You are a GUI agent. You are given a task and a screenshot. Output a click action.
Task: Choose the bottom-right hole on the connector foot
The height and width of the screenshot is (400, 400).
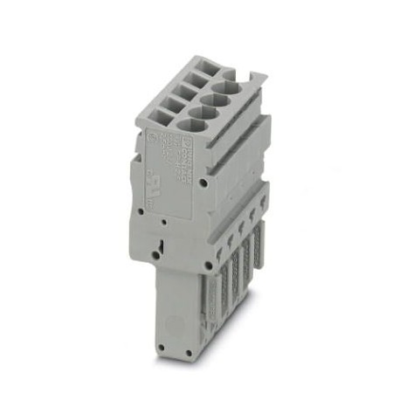coord(203,352)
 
